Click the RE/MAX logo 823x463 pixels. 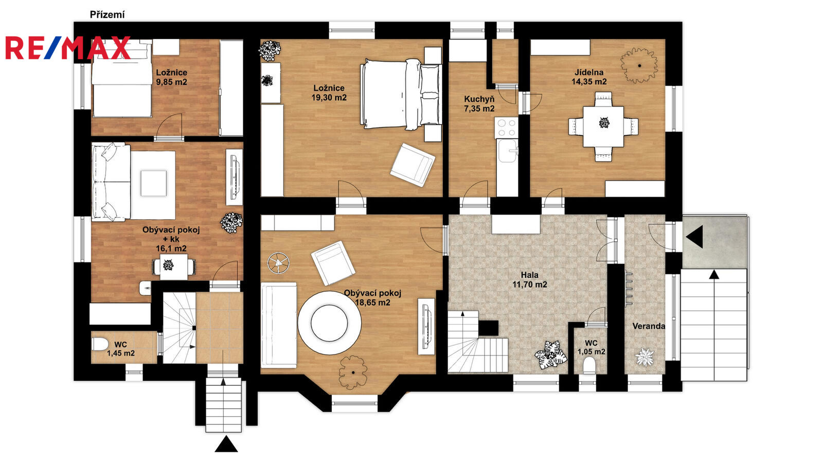click(68, 48)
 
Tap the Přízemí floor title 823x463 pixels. click(108, 15)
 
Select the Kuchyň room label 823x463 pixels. click(479, 99)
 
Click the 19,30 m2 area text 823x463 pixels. click(329, 97)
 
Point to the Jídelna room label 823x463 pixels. click(589, 73)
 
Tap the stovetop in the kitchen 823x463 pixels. click(506, 128)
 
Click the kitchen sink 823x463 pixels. click(507, 150)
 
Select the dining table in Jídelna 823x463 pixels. click(603, 127)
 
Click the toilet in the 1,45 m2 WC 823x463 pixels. click(99, 345)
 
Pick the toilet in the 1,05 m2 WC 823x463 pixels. click(589, 366)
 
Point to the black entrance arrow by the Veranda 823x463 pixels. click(694, 237)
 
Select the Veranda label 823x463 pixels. click(649, 326)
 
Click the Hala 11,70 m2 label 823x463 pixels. click(529, 280)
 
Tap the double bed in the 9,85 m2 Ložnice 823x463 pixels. click(121, 79)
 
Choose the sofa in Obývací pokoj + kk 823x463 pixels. click(111, 182)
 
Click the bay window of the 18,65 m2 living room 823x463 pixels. click(354, 403)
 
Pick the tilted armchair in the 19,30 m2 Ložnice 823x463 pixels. click(413, 165)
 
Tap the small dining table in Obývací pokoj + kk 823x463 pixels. click(174, 265)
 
